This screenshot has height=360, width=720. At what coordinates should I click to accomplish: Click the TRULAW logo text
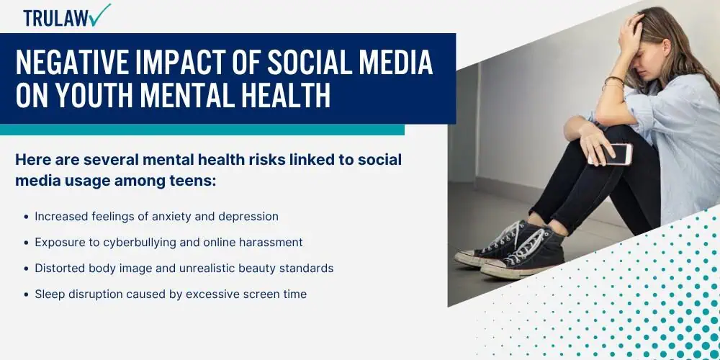(x=56, y=18)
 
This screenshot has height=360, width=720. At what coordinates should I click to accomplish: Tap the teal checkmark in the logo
(x=101, y=14)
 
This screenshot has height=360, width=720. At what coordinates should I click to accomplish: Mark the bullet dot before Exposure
(x=26, y=243)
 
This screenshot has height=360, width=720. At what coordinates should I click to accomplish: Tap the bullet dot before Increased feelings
(x=26, y=217)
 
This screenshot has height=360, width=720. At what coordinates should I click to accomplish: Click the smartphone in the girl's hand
(x=611, y=154)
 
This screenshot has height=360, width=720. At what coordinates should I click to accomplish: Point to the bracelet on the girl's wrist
(x=613, y=83)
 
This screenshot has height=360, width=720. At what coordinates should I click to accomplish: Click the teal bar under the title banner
(x=202, y=130)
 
